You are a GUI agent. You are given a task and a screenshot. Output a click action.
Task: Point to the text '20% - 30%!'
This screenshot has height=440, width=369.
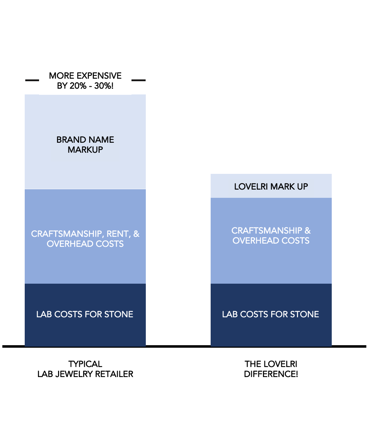[x=92, y=86]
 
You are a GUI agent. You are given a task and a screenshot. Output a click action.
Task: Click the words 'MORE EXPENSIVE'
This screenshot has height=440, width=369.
[x=85, y=76]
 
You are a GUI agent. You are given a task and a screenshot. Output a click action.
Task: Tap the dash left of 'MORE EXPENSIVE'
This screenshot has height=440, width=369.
[x=32, y=80]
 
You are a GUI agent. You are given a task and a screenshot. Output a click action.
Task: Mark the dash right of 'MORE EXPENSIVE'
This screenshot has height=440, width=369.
[x=139, y=80]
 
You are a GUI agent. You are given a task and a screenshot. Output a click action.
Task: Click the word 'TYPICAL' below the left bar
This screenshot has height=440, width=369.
[x=85, y=364]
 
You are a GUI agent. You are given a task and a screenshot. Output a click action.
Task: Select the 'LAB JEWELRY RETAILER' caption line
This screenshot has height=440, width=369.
[x=85, y=374]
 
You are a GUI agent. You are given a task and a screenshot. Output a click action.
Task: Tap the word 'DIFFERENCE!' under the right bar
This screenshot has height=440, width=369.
[x=271, y=374]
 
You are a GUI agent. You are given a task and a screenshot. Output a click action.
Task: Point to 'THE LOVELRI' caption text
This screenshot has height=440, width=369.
[x=271, y=364]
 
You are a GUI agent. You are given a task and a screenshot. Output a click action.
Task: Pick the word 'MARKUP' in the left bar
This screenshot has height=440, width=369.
[x=85, y=150]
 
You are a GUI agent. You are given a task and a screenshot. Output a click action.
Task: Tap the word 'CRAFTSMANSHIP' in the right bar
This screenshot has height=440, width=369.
[x=267, y=231]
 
